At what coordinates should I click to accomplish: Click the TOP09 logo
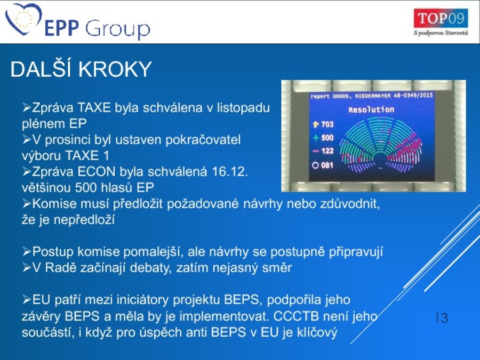tap(441, 19)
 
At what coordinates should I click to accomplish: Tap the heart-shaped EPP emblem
tap(23, 19)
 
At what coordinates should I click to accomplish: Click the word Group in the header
tap(117, 29)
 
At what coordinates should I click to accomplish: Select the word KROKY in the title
tap(115, 69)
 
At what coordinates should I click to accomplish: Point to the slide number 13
tap(441, 318)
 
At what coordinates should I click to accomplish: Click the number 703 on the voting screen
tap(327, 124)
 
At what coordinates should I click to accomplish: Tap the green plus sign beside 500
tap(316, 138)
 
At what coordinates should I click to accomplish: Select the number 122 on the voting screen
tap(327, 151)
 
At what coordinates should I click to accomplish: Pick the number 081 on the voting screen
tap(327, 165)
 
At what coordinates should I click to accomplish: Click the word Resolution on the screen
tap(371, 109)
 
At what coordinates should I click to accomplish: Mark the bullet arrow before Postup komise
tap(27, 252)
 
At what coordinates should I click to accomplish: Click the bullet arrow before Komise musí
tap(27, 203)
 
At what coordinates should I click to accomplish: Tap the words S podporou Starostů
tap(441, 33)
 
